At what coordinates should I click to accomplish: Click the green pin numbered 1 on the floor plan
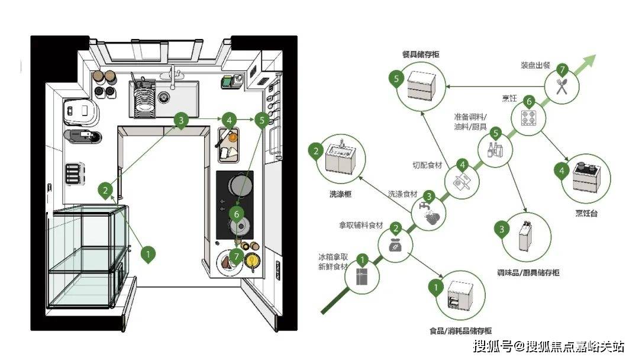pyautogui.click(x=149, y=254)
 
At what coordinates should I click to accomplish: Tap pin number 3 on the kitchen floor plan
pyautogui.click(x=182, y=120)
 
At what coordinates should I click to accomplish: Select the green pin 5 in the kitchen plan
pyautogui.click(x=262, y=120)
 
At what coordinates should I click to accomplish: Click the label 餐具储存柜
pyautogui.click(x=421, y=54)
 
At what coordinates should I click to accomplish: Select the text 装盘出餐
pyautogui.click(x=535, y=65)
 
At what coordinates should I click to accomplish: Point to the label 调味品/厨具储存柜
pyautogui.click(x=528, y=273)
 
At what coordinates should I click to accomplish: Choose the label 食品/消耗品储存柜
pyautogui.click(x=460, y=331)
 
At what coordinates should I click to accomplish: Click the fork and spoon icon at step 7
pyautogui.click(x=562, y=87)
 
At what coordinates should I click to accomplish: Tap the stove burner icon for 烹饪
pyautogui.click(x=528, y=118)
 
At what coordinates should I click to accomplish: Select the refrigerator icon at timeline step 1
pyautogui.click(x=362, y=276)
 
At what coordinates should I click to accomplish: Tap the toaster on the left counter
pyautogui.click(x=75, y=173)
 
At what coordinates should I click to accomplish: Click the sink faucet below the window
pyautogui.click(x=173, y=77)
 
